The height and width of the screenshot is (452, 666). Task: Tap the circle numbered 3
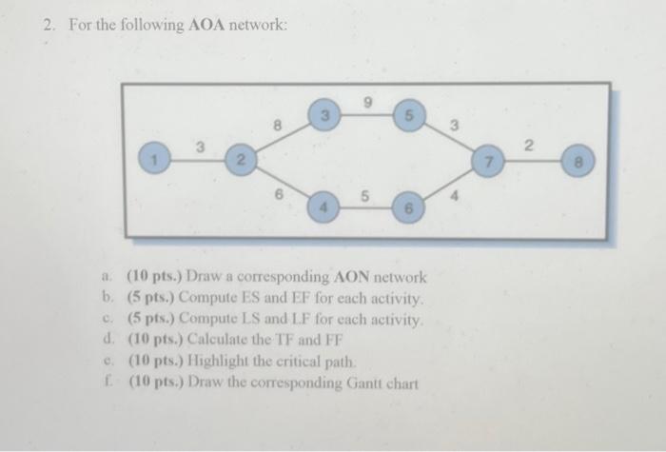pos(324,117)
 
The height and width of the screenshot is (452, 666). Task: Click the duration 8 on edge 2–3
pos(277,122)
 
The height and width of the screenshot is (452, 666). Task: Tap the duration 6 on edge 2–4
pos(277,193)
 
